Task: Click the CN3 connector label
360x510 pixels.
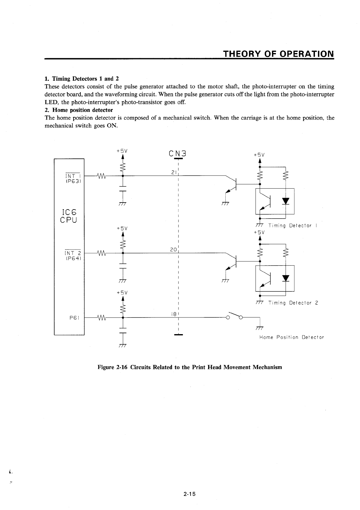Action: tap(177, 154)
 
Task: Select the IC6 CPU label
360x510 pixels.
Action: tap(69, 215)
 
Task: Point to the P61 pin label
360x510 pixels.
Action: tap(74, 318)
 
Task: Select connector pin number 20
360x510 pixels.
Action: tap(173, 250)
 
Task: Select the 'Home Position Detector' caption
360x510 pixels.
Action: tap(291, 337)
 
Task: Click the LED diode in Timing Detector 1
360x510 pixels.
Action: tap(285, 201)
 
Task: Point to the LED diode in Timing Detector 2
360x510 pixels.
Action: tap(285, 278)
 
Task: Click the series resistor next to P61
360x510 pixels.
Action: tap(101, 318)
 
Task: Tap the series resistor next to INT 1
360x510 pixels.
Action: tap(101, 176)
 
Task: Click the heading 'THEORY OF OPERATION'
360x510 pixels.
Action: tap(278, 54)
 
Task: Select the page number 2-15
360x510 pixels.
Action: tap(189, 494)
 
